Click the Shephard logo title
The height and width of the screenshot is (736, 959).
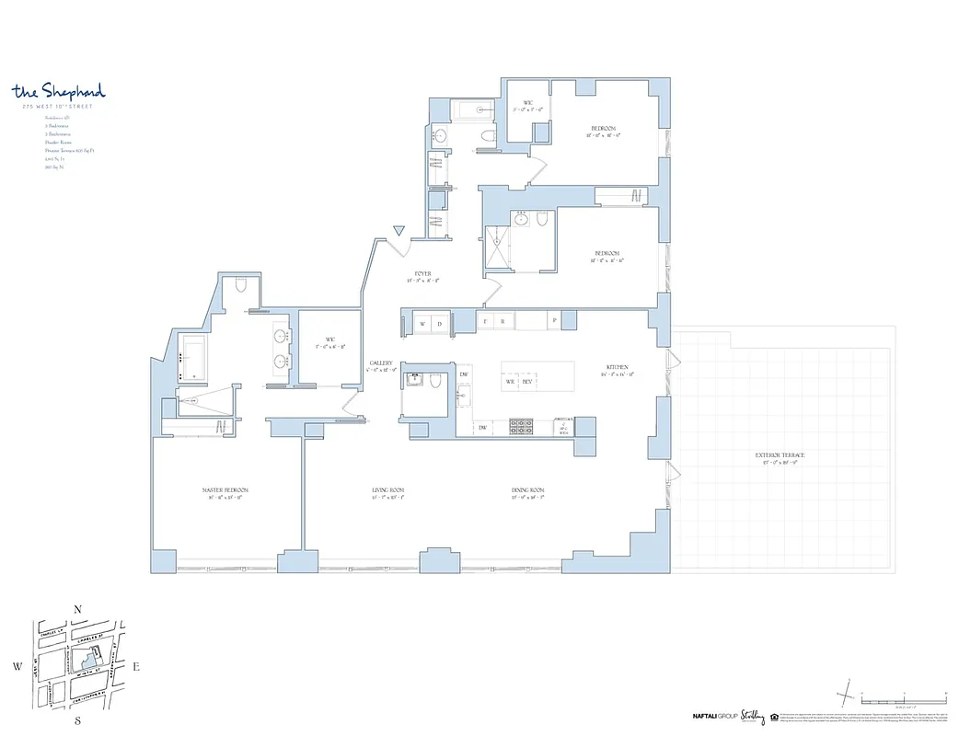[x=59, y=91]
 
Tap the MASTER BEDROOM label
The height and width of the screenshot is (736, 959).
[x=225, y=490]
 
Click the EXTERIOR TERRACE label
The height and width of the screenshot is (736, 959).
[x=780, y=455]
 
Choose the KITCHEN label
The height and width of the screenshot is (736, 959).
[x=617, y=365]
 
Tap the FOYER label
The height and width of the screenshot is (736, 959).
[x=423, y=274]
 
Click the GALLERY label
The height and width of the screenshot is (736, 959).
[x=382, y=363]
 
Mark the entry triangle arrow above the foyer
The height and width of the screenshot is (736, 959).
[x=398, y=230]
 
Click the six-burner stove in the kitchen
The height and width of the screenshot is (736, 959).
[x=522, y=427]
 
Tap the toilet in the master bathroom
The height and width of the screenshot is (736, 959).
[x=240, y=285]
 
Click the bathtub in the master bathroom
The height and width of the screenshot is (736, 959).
[x=195, y=358]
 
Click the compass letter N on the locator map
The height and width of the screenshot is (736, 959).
[x=78, y=609]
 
